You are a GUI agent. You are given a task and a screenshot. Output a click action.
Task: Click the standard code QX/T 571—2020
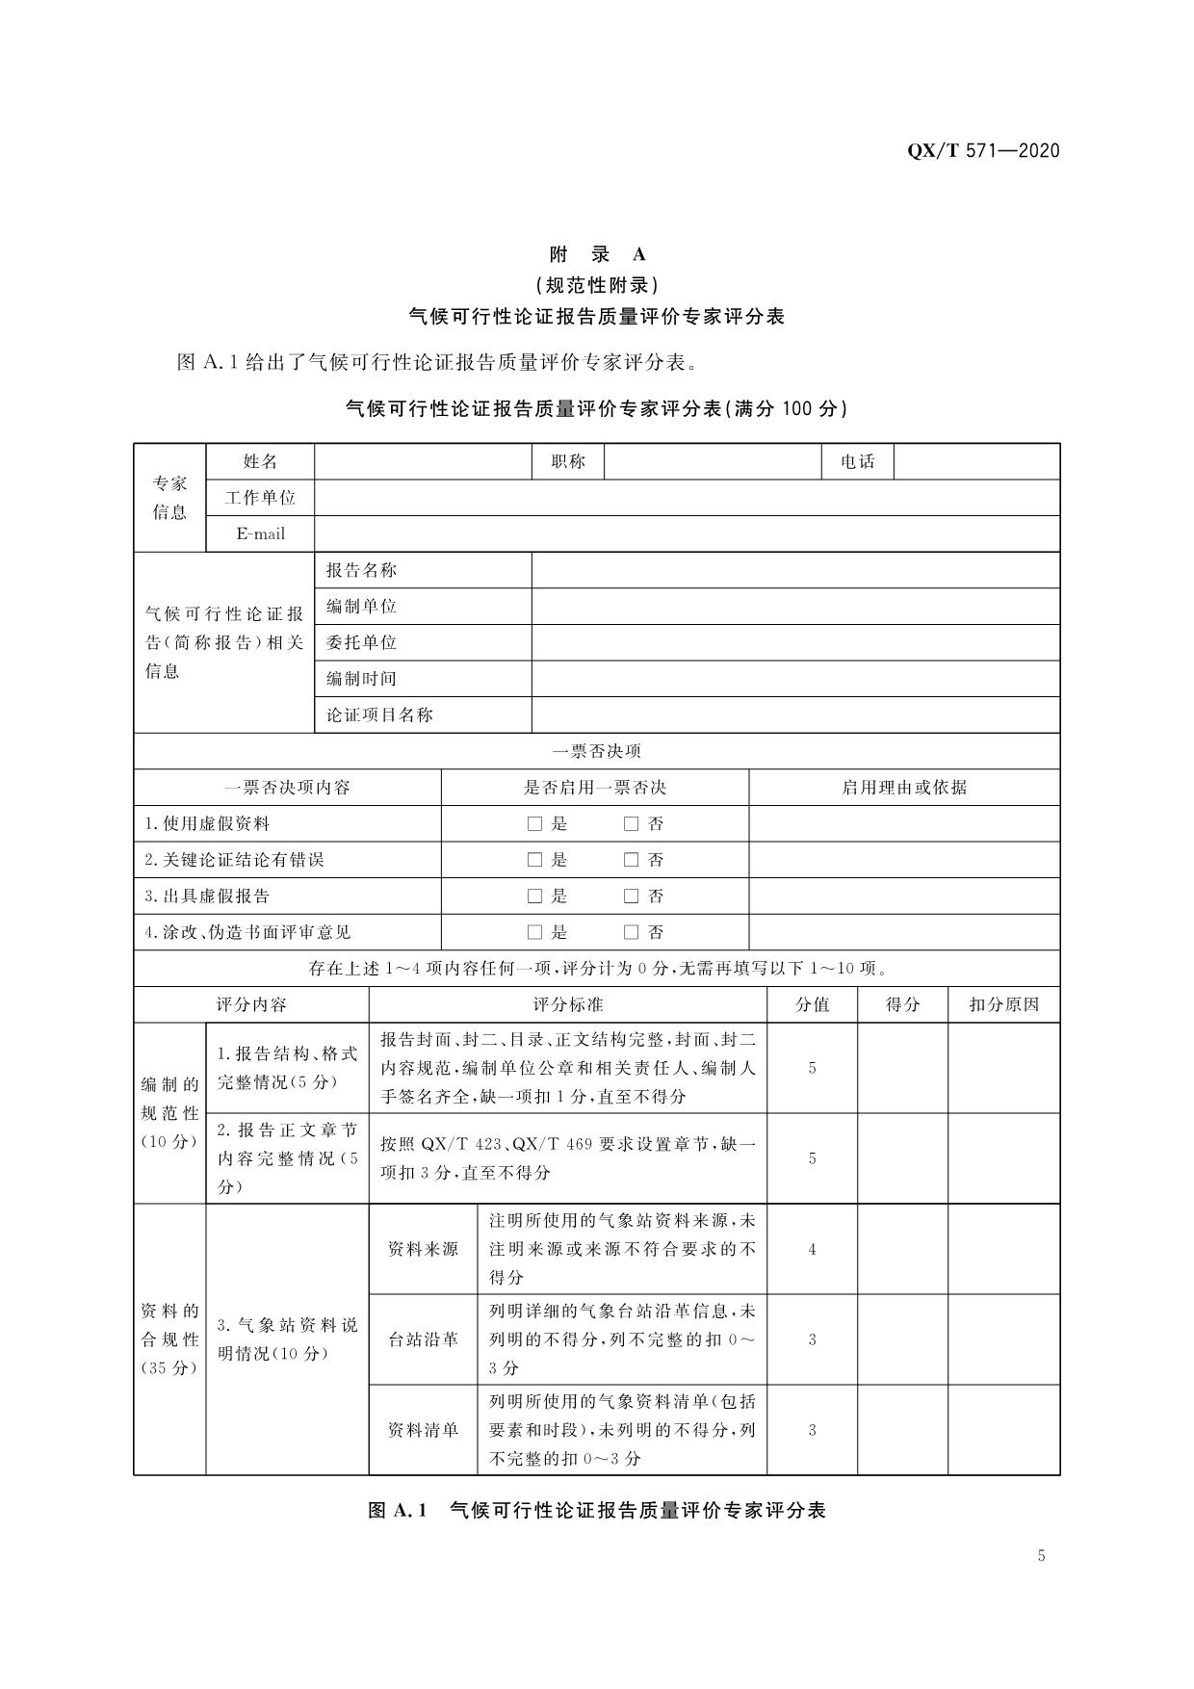click(983, 150)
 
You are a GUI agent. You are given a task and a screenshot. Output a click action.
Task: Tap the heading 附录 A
click(597, 254)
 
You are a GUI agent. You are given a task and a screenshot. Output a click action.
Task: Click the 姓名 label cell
click(260, 461)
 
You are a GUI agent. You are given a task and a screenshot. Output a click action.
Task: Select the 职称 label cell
click(568, 461)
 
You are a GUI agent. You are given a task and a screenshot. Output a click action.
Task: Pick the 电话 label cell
click(858, 461)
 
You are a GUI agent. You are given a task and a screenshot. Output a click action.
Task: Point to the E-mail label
click(260, 533)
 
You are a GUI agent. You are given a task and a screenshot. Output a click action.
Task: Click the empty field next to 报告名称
click(795, 570)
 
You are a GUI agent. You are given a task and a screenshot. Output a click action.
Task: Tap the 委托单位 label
click(361, 642)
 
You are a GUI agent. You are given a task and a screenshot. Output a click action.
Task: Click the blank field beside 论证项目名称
click(795, 715)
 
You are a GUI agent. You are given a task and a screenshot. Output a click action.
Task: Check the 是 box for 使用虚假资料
click(534, 824)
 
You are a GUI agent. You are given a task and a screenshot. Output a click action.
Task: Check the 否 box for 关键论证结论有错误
click(631, 860)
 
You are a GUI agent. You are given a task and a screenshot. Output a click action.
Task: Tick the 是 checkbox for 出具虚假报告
click(534, 896)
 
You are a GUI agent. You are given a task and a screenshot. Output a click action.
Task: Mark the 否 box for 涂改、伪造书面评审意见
click(631, 932)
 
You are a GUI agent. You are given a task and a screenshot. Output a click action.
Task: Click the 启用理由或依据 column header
click(904, 788)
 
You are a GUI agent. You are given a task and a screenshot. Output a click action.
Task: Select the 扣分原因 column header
click(1003, 1004)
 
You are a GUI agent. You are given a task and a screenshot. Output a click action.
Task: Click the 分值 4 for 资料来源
click(812, 1249)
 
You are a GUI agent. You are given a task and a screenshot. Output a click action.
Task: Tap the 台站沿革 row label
click(423, 1339)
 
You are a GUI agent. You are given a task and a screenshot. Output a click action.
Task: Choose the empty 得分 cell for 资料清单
click(902, 1430)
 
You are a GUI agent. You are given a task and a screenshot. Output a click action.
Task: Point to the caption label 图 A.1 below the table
click(397, 1510)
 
